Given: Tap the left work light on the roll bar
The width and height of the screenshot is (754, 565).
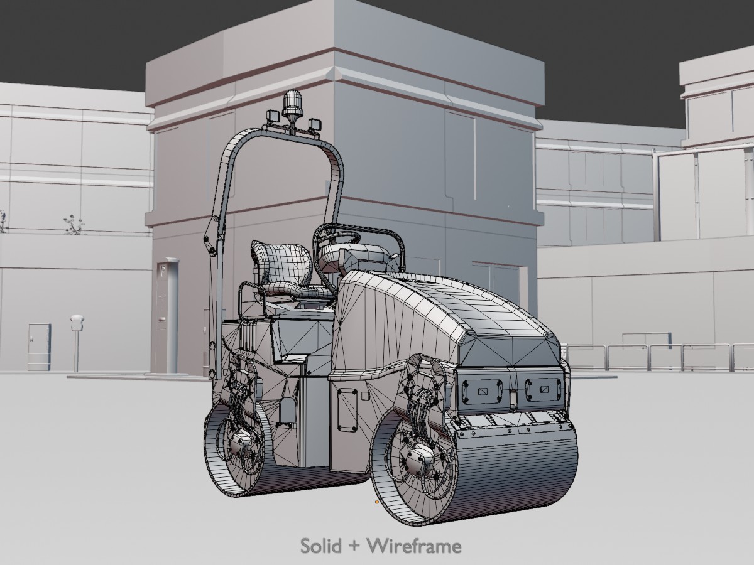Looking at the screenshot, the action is click(273, 116).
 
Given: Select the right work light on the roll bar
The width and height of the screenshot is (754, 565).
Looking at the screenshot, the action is click(314, 124).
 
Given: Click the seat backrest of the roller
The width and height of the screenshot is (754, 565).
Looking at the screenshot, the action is click(281, 261).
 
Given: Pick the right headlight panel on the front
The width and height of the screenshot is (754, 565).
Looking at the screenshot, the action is click(543, 389).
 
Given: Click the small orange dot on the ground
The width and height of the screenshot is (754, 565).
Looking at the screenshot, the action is click(377, 502).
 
